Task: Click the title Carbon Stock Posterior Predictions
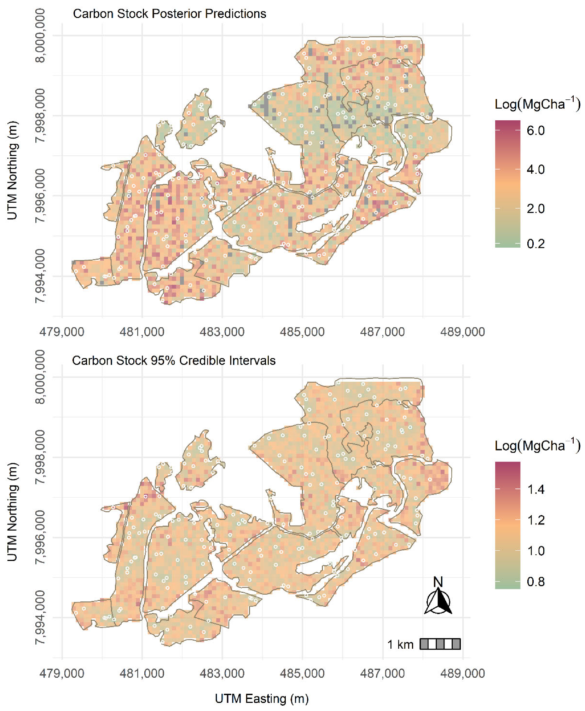(x=169, y=14)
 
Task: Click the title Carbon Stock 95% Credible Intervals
(x=174, y=360)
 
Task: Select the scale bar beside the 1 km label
(x=440, y=644)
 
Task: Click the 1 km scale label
(x=400, y=644)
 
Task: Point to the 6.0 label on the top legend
(x=535, y=131)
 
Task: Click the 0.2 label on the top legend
(x=535, y=244)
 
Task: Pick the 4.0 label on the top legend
(x=535, y=169)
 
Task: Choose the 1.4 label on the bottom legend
(x=535, y=490)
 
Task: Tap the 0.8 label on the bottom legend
(x=535, y=582)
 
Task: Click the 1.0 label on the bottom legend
(x=535, y=551)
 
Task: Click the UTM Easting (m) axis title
(x=262, y=699)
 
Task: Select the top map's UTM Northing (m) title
(x=12, y=170)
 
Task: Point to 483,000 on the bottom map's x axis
(x=222, y=673)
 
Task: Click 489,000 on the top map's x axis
(x=463, y=332)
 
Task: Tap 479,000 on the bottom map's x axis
(x=62, y=673)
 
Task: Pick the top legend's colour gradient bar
(x=508, y=184)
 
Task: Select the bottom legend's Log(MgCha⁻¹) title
(x=537, y=446)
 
